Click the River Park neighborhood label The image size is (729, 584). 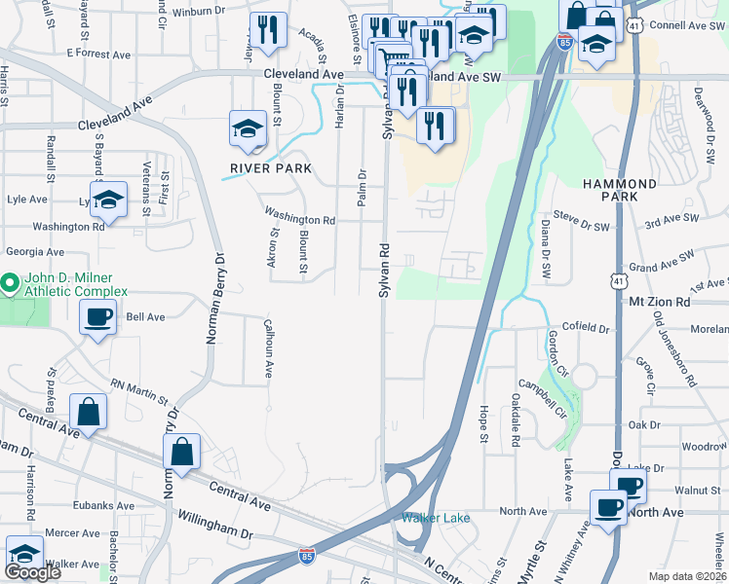pos(271,168)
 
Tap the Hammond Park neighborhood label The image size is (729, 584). pos(620,190)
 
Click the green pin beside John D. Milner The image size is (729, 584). pos(10,284)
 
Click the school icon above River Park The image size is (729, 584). pos(248,128)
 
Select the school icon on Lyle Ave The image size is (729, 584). pos(109,200)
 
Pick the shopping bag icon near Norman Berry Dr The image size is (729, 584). pos(181,451)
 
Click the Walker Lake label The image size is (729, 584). pos(432,518)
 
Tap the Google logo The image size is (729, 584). pos(32,572)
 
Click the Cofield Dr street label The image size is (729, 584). pos(585,329)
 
